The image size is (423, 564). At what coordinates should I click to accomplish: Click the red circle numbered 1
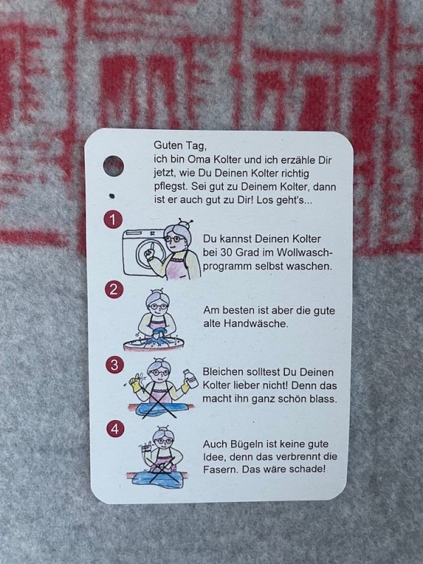click(x=113, y=219)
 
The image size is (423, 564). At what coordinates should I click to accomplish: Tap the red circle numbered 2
click(x=114, y=290)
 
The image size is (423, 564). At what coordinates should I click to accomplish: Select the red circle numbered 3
click(x=114, y=364)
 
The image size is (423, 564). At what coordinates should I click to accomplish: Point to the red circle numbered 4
click(x=115, y=429)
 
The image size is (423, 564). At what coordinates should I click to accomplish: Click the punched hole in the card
click(x=114, y=166)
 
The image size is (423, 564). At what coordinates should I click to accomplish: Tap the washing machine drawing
click(x=144, y=252)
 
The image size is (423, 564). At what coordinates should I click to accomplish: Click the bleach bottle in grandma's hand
click(x=191, y=379)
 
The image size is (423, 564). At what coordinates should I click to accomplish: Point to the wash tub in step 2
click(x=154, y=343)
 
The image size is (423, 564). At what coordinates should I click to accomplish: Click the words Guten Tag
click(x=180, y=146)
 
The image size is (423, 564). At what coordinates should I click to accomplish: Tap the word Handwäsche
click(x=256, y=324)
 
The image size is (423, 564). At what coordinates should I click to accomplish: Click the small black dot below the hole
click(x=111, y=196)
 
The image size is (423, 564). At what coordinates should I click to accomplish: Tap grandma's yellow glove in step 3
click(x=135, y=385)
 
